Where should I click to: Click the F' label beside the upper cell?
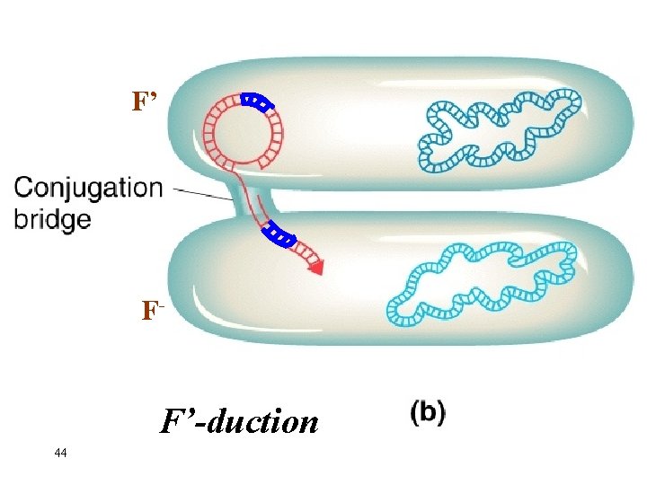point(145,101)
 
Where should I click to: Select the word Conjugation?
point(88,189)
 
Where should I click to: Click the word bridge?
point(52,218)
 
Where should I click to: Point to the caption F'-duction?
point(239,420)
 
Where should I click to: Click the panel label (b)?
point(428,414)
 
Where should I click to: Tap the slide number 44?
point(60,453)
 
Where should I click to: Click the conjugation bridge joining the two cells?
point(241,199)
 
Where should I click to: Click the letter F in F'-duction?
point(171,420)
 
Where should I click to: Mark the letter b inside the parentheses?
point(429,414)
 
